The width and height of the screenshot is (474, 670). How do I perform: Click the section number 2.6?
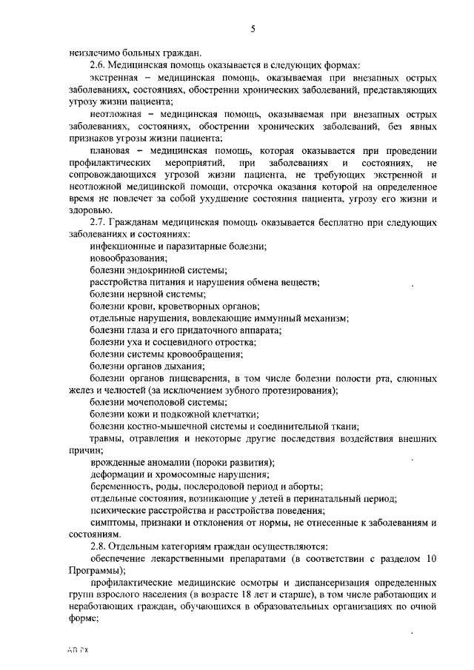[98, 65]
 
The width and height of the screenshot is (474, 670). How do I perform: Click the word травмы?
[107, 438]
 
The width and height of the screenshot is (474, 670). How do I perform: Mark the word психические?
[119, 510]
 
